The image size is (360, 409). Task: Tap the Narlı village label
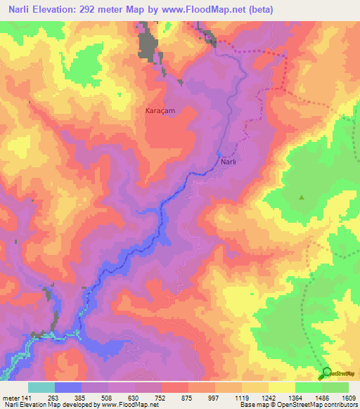point(229,162)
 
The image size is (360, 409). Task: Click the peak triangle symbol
point(302,197)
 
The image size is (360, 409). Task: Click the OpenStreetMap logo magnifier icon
point(326,372)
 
